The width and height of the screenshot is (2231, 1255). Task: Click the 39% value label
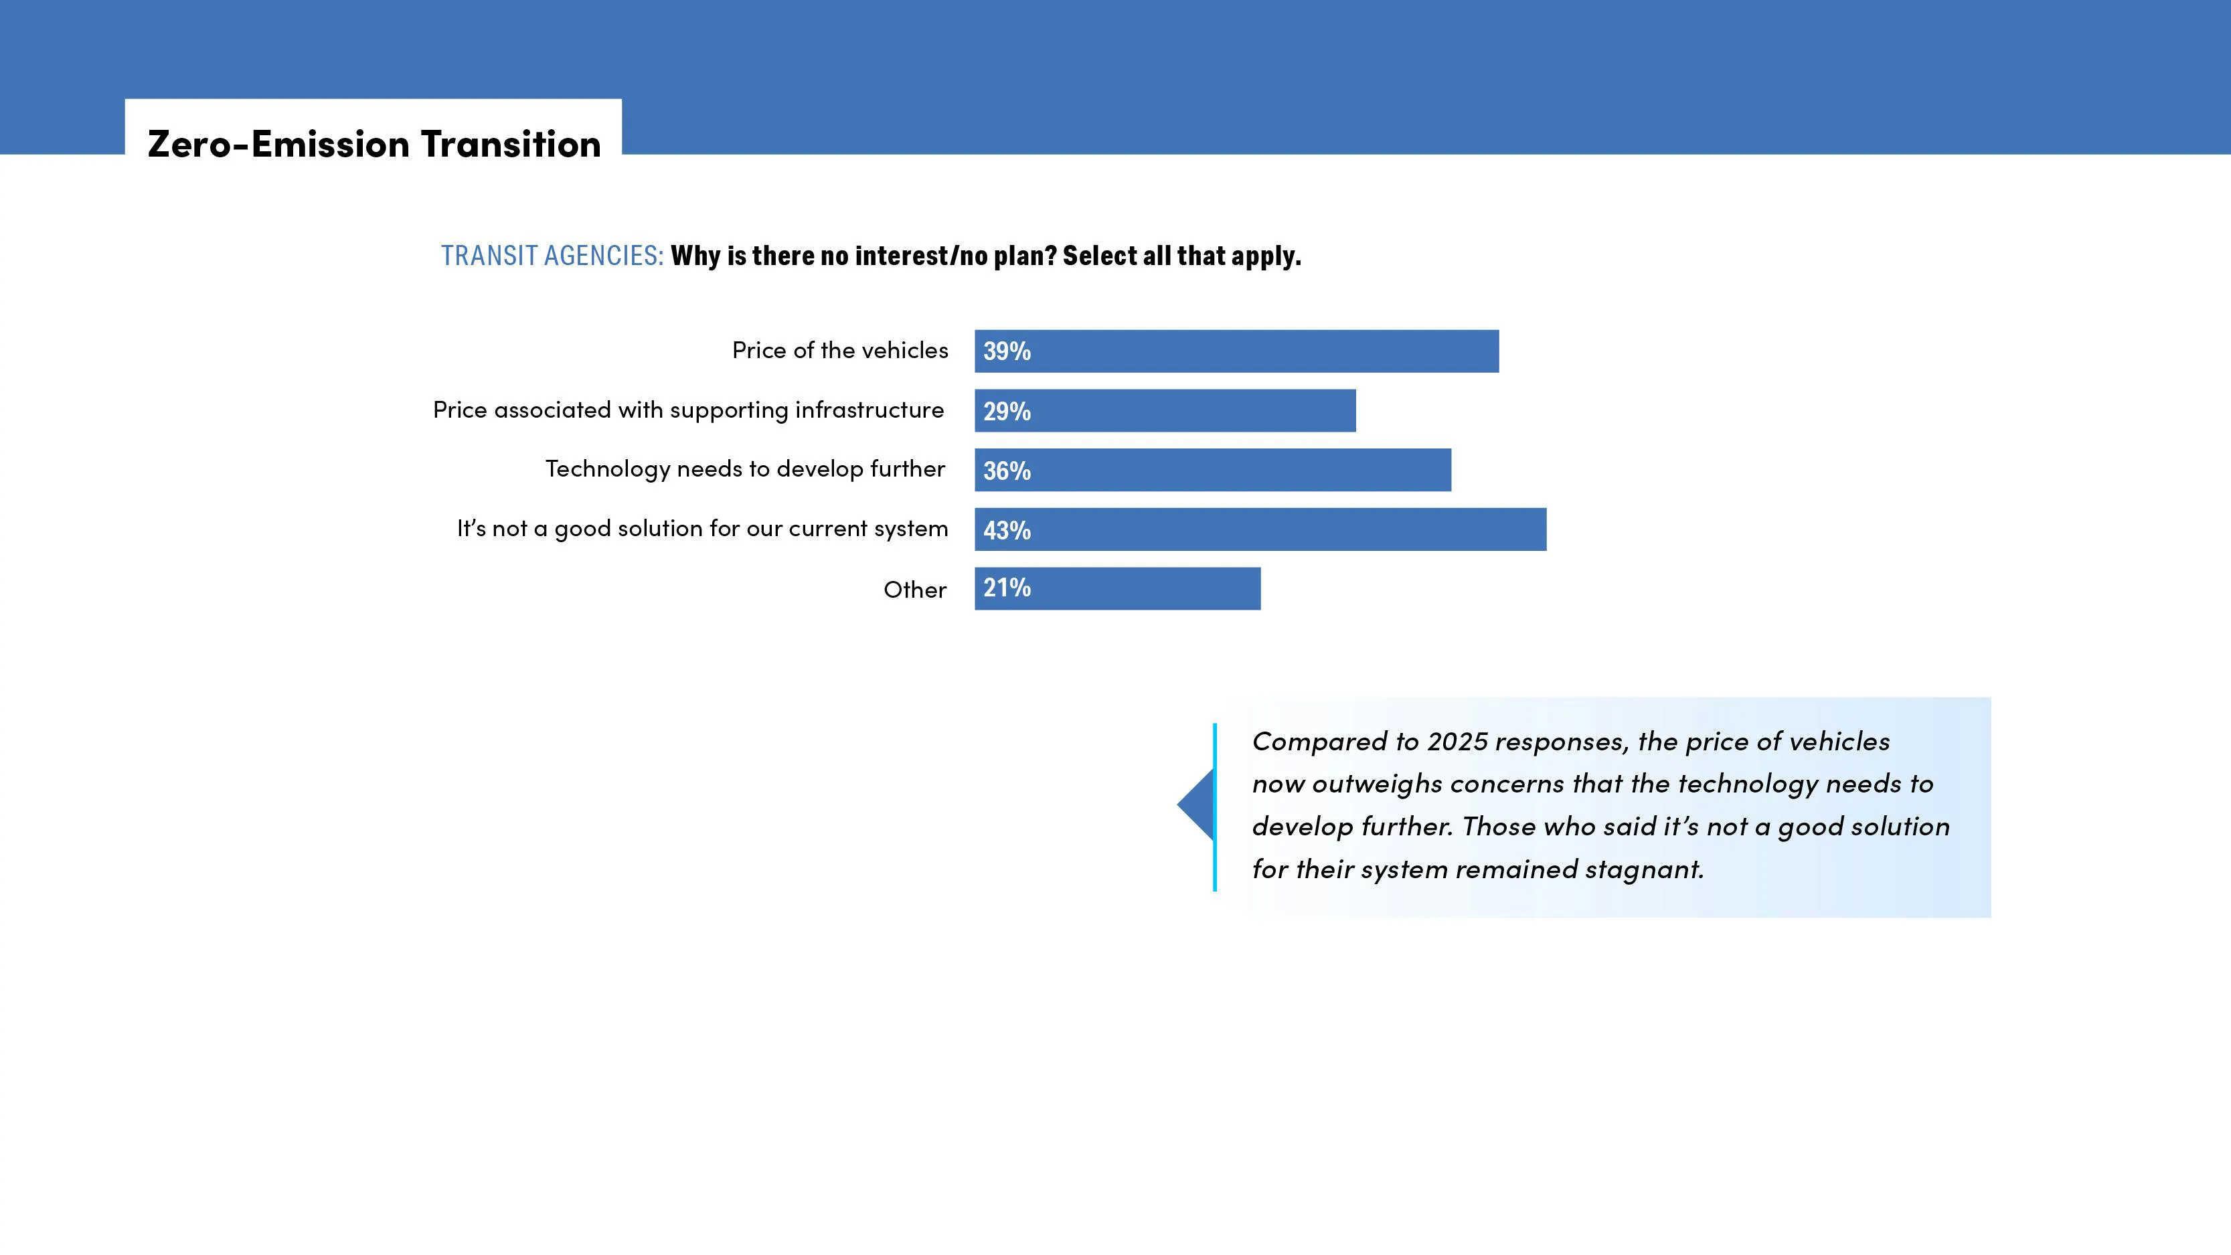1006,351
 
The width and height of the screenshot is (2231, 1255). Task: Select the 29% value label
1006,412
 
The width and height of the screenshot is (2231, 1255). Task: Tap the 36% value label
1006,471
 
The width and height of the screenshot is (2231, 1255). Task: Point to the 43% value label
1006,530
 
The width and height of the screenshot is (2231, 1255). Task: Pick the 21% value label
1006,588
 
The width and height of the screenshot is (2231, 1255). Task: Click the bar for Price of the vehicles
1256,351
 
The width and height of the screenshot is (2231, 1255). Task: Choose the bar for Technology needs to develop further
1230,471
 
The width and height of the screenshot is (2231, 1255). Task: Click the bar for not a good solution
1282,530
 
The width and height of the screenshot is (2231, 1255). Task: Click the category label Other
914,590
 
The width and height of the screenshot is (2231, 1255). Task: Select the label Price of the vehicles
839,350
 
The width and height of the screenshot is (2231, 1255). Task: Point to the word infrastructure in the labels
869,410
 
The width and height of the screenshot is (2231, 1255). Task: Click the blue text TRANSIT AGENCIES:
552,256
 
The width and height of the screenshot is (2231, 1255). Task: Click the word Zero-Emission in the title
278,144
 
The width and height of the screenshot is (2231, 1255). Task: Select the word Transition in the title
511,144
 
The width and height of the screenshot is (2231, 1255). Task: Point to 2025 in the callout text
1457,742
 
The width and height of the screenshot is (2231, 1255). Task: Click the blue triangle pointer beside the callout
1197,805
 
